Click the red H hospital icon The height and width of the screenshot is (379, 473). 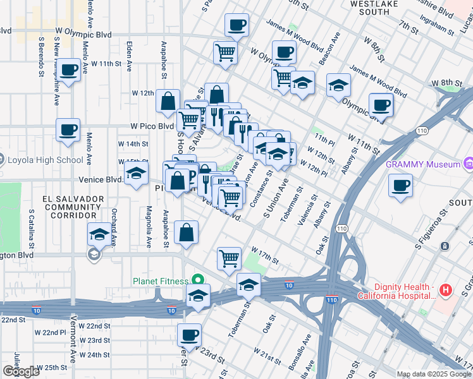click(x=446, y=291)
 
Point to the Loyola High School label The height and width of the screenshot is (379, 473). click(x=46, y=160)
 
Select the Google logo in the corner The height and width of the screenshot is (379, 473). click(x=21, y=371)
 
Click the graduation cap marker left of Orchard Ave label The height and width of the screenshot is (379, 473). click(x=98, y=234)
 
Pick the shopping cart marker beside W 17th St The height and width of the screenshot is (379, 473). click(x=229, y=258)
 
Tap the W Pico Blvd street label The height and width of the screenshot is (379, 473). click(x=152, y=126)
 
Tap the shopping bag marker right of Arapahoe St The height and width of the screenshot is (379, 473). click(x=187, y=232)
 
